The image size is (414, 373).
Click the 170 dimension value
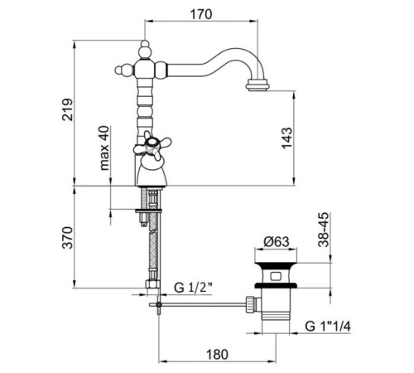point(201,14)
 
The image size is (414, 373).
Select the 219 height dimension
point(68,109)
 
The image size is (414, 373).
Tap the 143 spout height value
point(286,138)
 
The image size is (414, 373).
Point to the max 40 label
point(104,148)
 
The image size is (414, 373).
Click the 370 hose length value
point(68,238)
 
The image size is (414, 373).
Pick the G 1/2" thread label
point(193,288)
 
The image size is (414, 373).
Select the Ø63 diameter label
point(277,242)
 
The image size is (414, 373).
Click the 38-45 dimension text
point(324,230)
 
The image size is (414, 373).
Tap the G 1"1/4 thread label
point(328,327)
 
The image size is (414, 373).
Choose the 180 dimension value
point(217,355)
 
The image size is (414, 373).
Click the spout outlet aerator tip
point(258,85)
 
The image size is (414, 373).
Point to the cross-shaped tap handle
point(152,145)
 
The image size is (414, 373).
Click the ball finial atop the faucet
point(145,50)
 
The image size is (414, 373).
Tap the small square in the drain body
point(275,276)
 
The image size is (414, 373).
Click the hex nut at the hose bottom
point(152,284)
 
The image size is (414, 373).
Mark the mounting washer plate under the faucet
point(148,211)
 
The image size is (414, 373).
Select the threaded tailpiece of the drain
point(276,316)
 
